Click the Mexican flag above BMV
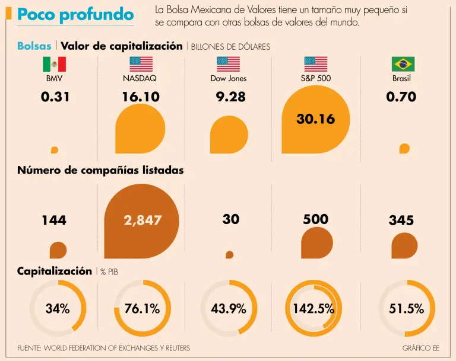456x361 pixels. point(54,64)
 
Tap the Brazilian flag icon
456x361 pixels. point(403,64)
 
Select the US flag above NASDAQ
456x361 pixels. point(141,64)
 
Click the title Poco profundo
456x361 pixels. point(75,15)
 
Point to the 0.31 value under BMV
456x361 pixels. point(55,97)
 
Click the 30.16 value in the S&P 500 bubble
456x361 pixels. point(315,119)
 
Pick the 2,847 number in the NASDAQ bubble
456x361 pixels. point(142,220)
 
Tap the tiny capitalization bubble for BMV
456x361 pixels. point(55,150)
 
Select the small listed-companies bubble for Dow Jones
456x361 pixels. point(229,254)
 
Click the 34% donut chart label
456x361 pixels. point(58,308)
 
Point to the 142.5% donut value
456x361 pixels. point(313,309)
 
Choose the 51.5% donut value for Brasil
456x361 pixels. point(406,308)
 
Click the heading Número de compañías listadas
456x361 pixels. point(100,170)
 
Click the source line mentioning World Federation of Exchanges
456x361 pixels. point(103,348)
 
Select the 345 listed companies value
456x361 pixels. point(401,221)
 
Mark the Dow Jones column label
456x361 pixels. point(229,78)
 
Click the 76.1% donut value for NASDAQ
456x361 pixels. point(142,308)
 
